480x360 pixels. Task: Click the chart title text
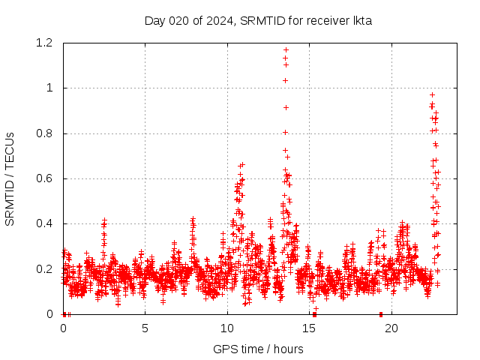[258, 20]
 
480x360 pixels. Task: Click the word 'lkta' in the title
[362, 20]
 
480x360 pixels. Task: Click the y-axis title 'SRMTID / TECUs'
[10, 178]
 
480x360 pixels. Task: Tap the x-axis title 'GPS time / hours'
[258, 349]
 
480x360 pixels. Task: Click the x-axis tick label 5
[145, 328]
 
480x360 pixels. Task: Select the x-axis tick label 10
[226, 328]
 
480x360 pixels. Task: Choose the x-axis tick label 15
[308, 328]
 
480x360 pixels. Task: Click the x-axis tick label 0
[63, 328]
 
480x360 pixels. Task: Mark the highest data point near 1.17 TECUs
[286, 50]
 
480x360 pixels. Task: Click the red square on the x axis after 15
[314, 314]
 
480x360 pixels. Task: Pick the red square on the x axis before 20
[381, 314]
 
